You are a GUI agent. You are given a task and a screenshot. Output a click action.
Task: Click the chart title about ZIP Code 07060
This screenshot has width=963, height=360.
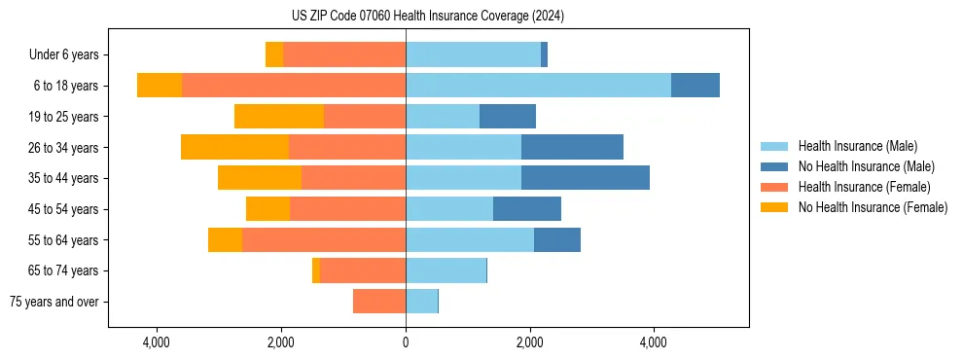427,17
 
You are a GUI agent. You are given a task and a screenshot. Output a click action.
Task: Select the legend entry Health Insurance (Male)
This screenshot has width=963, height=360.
856,146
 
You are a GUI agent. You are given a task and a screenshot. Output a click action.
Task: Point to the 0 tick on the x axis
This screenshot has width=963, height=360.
406,342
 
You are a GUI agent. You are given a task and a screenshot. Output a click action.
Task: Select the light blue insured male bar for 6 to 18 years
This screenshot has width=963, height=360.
538,86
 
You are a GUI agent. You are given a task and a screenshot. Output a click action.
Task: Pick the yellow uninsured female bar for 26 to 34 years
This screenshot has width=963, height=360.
234,147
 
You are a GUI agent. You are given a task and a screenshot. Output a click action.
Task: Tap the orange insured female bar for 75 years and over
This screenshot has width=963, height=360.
379,302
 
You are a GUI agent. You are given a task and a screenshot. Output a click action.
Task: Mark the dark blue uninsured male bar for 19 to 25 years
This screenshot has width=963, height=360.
507,117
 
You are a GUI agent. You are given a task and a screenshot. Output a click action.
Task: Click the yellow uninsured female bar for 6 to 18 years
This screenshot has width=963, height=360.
160,86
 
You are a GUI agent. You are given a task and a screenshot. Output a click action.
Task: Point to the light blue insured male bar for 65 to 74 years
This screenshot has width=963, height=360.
446,270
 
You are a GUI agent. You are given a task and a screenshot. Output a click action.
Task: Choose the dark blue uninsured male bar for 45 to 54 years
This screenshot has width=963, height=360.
526,209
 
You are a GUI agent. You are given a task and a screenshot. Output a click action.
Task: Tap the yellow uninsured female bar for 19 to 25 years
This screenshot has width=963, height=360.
279,117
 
